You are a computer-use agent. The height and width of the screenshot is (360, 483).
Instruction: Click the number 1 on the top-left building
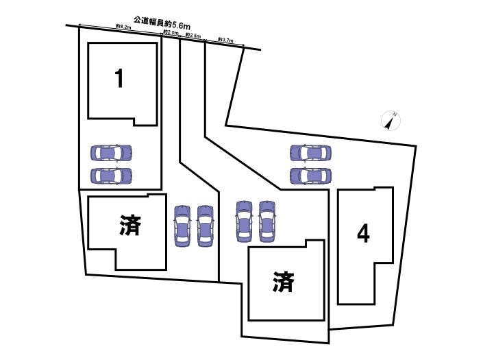tap(120, 79)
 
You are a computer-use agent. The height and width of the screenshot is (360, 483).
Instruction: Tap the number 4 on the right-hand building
tap(363, 235)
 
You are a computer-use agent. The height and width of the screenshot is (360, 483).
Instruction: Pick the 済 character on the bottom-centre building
tap(282, 281)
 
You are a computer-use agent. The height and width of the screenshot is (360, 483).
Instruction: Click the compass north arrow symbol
tap(391, 121)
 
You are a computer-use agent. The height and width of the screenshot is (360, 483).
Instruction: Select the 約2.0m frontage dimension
tap(171, 33)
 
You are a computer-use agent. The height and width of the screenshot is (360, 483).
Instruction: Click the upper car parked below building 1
tap(111, 152)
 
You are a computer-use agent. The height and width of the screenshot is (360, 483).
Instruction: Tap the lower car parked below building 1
tap(111, 176)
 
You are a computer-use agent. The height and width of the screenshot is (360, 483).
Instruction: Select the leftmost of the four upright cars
tap(182, 226)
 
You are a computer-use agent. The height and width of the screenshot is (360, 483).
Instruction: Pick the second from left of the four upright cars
tap(205, 226)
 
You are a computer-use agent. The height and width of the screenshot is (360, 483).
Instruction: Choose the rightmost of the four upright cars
tap(267, 221)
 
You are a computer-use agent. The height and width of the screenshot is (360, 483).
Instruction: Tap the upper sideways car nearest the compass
tap(310, 153)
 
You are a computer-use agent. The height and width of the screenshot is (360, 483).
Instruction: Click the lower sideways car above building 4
tap(310, 176)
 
